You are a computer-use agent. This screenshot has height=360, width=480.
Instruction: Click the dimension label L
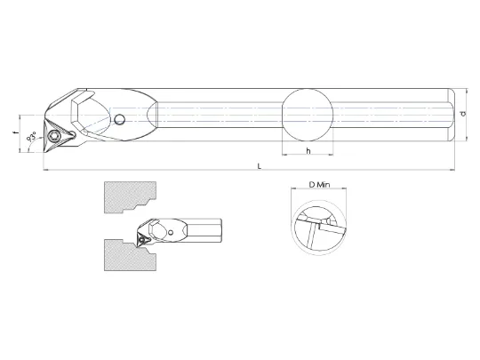tap(260, 166)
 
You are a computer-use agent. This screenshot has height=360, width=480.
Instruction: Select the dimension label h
tap(308, 150)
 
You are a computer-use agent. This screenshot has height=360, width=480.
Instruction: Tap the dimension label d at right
tap(463, 114)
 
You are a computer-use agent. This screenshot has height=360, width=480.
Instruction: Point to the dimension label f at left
tap(15, 132)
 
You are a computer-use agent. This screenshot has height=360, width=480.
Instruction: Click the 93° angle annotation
tap(31, 136)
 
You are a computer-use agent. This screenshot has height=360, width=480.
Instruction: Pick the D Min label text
tap(319, 185)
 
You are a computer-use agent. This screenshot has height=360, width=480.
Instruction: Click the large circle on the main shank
tap(307, 115)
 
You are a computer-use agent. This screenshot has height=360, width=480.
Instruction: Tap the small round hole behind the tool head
tap(119, 120)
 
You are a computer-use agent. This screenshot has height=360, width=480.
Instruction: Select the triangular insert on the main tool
tap(57, 136)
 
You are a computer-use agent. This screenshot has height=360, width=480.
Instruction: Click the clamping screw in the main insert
tap(54, 135)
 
